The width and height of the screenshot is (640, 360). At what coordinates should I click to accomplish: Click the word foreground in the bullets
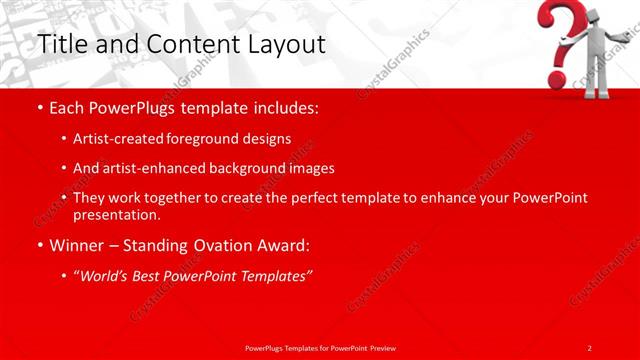(213, 138)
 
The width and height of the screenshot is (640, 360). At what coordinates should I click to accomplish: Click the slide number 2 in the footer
(590, 347)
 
